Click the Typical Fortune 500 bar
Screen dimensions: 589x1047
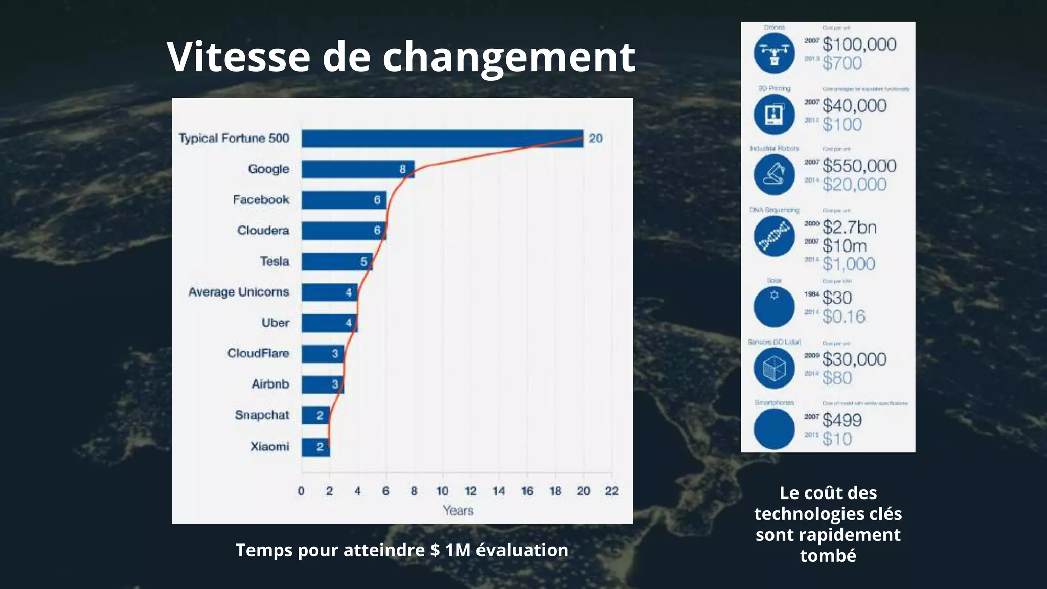(x=442, y=139)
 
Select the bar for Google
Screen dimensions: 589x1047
(x=358, y=169)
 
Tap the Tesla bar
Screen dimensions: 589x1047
(x=336, y=261)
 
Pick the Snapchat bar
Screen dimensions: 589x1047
(x=315, y=415)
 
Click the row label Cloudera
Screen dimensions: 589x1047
(x=263, y=231)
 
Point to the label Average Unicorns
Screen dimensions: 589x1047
(x=239, y=292)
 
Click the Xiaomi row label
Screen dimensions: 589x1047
(x=269, y=446)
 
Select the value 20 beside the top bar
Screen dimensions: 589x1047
(x=596, y=139)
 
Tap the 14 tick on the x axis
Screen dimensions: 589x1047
(x=498, y=491)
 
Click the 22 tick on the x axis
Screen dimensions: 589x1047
(x=611, y=491)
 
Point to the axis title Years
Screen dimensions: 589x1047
(x=458, y=510)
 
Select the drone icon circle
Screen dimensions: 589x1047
(x=774, y=53)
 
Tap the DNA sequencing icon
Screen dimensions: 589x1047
(x=774, y=236)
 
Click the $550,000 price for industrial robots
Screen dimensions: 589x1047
(x=859, y=166)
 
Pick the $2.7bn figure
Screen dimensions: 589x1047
(x=849, y=227)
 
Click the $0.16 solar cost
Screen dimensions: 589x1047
(x=844, y=316)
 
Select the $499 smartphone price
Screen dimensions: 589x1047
(x=842, y=420)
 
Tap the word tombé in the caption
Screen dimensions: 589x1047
(x=828, y=555)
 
